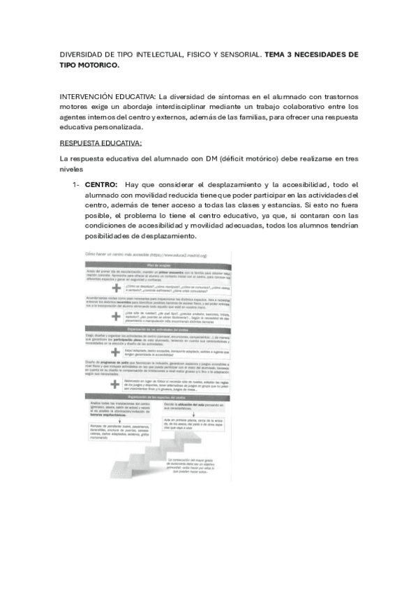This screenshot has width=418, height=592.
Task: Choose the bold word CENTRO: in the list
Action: point(100,184)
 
